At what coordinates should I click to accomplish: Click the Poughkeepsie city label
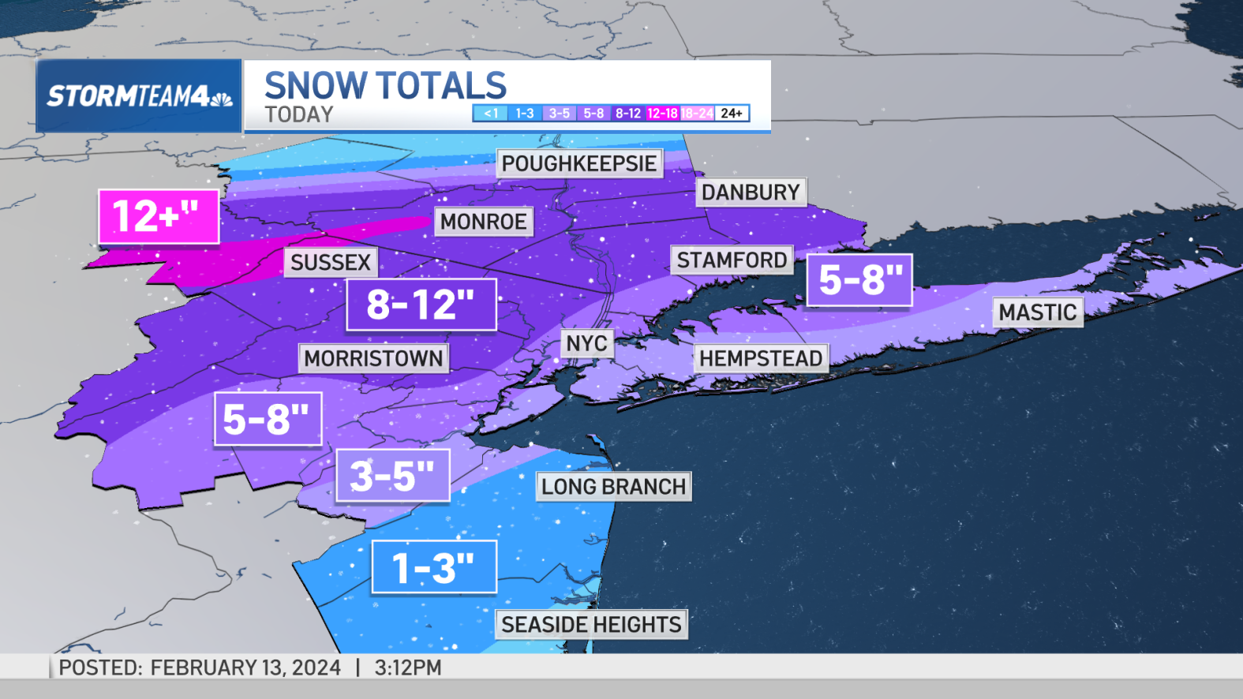(579, 163)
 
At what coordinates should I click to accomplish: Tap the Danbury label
(751, 192)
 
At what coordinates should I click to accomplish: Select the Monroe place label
(483, 222)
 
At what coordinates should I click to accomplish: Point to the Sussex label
(331, 262)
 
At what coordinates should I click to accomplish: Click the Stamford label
(732, 260)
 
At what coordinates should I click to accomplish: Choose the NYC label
(586, 343)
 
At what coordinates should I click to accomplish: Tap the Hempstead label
(760, 358)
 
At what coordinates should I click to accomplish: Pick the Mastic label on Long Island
(1037, 312)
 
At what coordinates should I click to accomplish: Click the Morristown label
(373, 358)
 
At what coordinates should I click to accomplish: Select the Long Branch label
(613, 486)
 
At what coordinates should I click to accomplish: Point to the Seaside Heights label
(591, 624)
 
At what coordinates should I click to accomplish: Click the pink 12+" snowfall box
(158, 216)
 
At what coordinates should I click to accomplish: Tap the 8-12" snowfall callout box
(421, 305)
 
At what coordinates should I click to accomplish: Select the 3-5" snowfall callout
(392, 476)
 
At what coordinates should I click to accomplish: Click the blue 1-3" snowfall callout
(433, 567)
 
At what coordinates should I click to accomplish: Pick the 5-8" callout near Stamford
(859, 279)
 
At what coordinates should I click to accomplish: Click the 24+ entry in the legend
(732, 114)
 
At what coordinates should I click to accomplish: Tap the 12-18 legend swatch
(662, 114)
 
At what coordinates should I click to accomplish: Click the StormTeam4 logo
(139, 96)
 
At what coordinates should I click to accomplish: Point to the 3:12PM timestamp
(408, 667)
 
